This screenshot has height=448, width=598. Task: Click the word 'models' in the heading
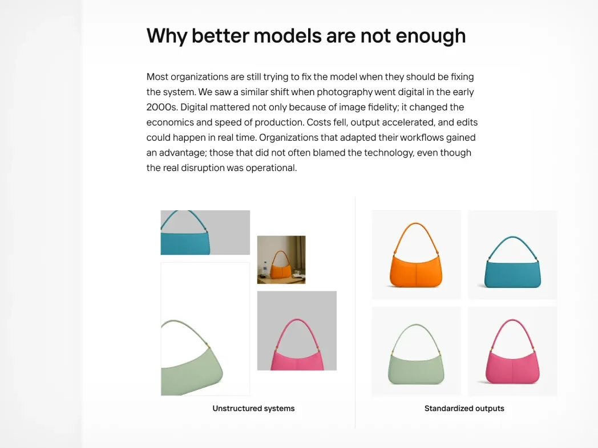(288, 36)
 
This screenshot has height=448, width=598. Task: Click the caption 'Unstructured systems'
(253, 408)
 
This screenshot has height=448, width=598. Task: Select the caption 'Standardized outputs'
(464, 408)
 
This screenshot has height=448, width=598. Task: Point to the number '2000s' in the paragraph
(161, 107)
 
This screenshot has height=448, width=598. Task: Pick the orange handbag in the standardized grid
(416, 255)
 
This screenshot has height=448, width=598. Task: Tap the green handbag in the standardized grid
(416, 355)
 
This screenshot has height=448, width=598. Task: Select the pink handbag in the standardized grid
(512, 352)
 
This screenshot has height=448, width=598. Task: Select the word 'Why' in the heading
(167, 36)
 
